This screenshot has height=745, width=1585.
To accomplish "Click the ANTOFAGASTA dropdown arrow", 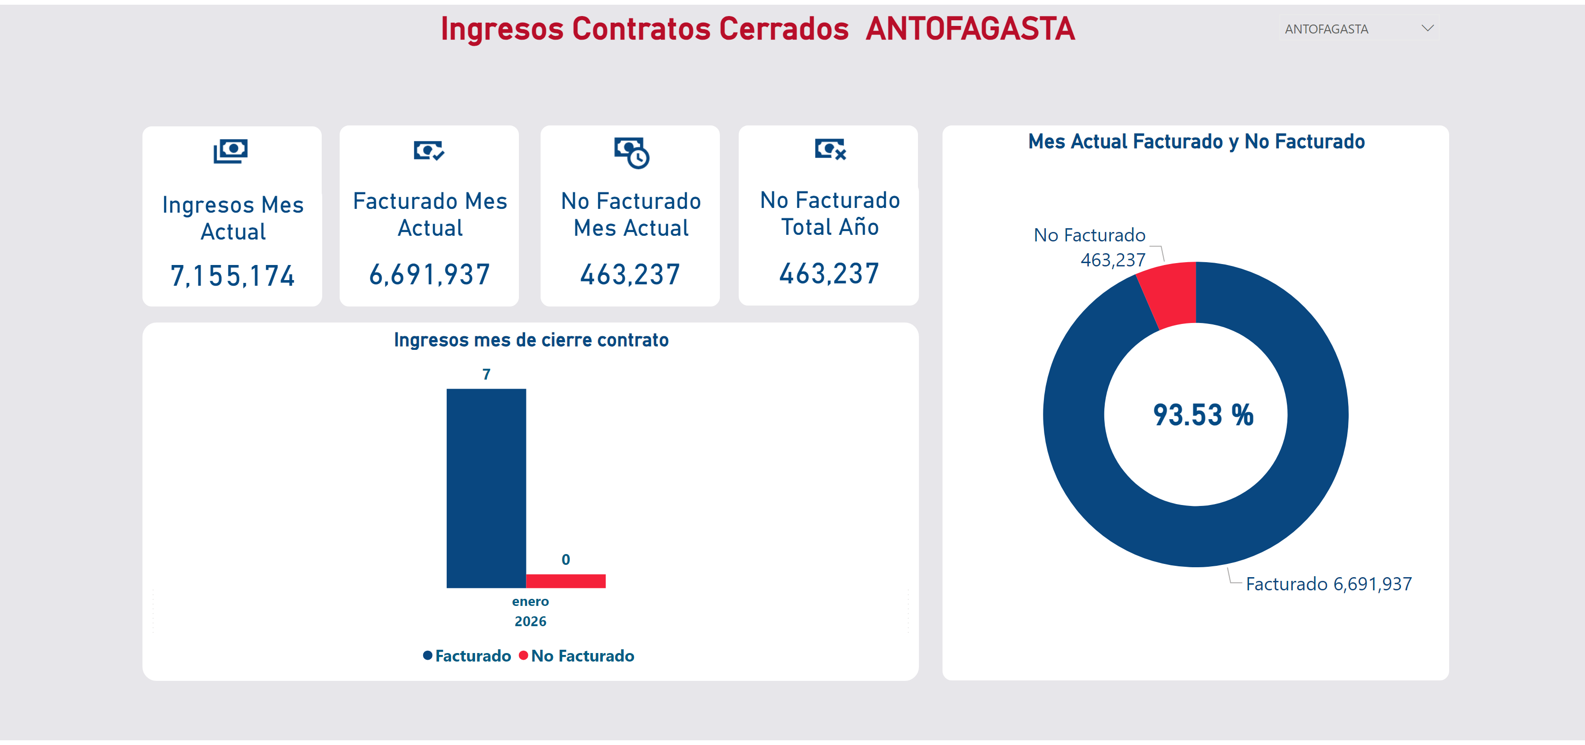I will click(x=1427, y=28).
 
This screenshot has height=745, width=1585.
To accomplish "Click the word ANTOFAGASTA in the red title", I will click(x=970, y=29).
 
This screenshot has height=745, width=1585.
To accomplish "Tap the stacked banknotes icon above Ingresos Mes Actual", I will click(x=231, y=151).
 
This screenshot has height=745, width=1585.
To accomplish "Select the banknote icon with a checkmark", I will click(x=429, y=150).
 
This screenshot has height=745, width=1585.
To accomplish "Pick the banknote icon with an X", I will click(x=830, y=149).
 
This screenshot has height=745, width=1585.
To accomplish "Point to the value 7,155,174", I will click(x=233, y=276).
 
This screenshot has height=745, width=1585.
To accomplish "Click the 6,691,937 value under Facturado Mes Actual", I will click(x=429, y=274).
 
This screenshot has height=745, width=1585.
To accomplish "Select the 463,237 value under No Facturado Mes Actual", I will click(x=630, y=274).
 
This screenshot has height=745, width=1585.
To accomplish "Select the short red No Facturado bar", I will click(x=566, y=581).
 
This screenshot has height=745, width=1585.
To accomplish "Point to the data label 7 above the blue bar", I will click(x=486, y=374).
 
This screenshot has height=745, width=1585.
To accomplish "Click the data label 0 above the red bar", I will click(x=566, y=559).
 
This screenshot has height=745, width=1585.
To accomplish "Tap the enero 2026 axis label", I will click(x=530, y=611).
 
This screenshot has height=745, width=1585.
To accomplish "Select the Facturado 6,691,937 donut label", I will click(x=1328, y=584).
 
